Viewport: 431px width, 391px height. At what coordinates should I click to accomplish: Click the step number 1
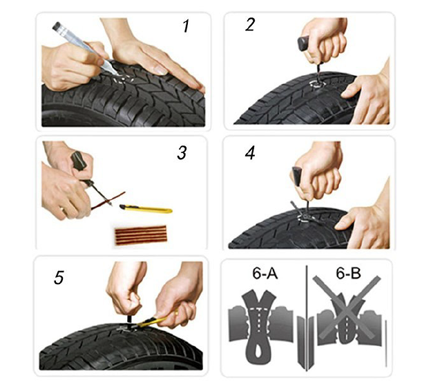tap(186, 27)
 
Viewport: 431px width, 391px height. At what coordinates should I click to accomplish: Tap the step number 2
tap(250, 24)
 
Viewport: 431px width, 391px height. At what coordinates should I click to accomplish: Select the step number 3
tap(182, 152)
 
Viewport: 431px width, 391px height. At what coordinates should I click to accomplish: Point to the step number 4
tap(250, 153)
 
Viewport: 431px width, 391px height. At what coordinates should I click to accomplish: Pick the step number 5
tap(59, 277)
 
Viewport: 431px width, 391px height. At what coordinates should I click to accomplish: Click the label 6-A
tap(265, 274)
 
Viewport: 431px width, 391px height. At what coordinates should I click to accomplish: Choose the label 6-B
tap(348, 274)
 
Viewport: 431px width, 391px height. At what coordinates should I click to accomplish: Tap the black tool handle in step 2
tap(304, 43)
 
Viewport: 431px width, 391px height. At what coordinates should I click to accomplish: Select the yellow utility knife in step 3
tap(146, 209)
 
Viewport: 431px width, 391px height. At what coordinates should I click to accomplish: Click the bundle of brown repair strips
tap(141, 235)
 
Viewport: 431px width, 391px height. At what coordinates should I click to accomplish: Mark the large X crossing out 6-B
tap(347, 308)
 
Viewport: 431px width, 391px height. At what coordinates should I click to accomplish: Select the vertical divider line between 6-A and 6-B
tap(306, 319)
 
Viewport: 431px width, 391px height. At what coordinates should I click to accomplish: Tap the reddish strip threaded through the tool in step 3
tap(108, 201)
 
